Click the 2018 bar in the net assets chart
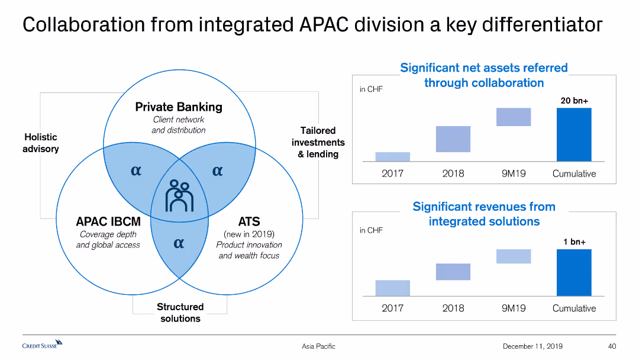453,139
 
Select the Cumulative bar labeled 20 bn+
573,134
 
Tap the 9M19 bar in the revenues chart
513,256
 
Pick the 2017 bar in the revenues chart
392,288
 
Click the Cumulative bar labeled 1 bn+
573,272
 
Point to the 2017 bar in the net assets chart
392,156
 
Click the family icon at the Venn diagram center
179,195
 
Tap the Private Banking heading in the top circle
179,107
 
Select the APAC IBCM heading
108,222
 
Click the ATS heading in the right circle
248,222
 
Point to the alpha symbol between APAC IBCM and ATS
179,243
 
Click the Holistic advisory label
41,143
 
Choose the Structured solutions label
180,313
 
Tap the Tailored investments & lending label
318,142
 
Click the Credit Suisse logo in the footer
42,344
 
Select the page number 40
612,346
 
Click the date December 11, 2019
532,346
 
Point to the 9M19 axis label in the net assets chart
513,173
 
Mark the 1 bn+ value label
573,242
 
